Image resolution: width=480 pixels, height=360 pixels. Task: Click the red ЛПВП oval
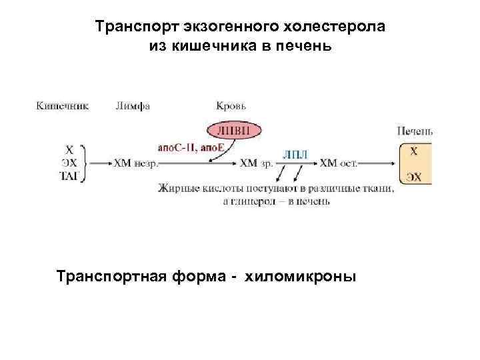point(234,130)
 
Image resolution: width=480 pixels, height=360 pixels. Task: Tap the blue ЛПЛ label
point(295,153)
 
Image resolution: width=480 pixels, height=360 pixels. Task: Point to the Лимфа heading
point(133,105)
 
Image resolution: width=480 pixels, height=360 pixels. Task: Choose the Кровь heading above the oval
point(232,105)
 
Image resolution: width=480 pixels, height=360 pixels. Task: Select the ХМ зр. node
point(257,162)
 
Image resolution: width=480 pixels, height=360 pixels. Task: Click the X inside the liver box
point(414,151)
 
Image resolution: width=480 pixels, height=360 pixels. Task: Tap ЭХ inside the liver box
point(414,175)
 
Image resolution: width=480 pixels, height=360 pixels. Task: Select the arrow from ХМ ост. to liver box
point(378,162)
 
